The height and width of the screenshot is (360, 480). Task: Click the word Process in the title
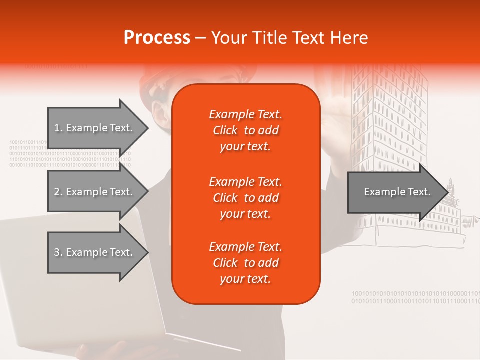157,38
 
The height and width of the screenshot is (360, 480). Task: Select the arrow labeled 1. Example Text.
95,128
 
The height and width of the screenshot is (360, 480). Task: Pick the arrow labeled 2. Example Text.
95,192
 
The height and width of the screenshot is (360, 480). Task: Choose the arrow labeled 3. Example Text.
95,252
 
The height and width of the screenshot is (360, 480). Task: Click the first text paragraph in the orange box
245,130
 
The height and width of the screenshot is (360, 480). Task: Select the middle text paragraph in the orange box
245,198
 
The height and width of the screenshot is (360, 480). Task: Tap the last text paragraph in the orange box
245,263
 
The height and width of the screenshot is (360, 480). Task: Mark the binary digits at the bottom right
415,297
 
